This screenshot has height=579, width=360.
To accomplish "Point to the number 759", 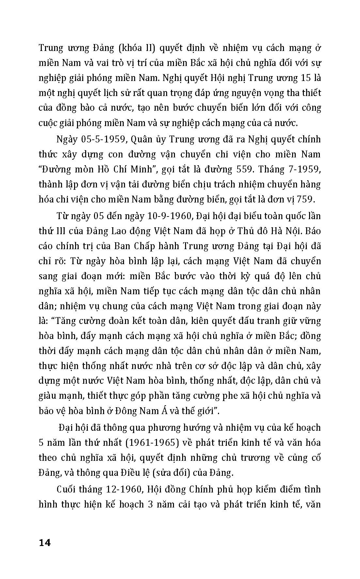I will click(x=310, y=199).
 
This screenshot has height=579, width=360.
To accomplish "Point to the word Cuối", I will click(x=67, y=489).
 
